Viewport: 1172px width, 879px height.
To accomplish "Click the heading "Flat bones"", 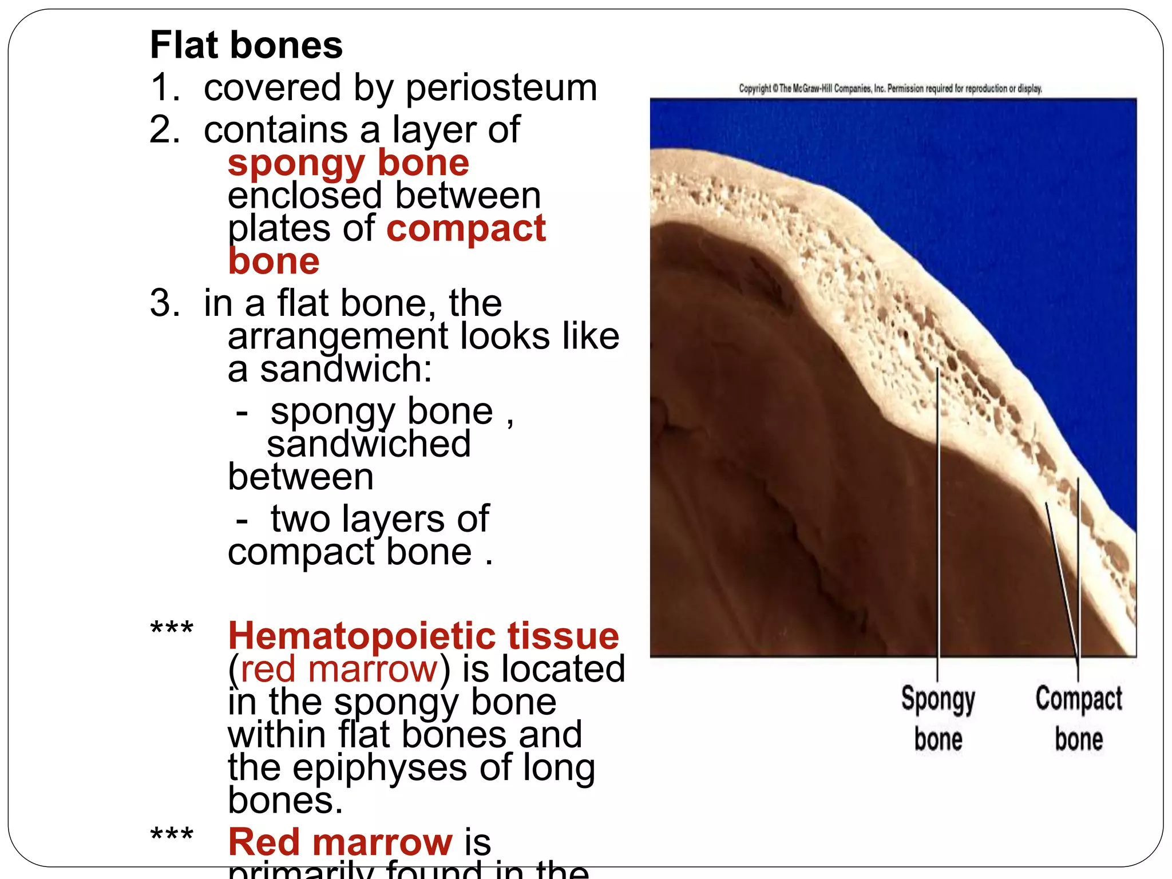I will [x=246, y=45].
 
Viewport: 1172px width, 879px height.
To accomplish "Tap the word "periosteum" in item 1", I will [x=501, y=88].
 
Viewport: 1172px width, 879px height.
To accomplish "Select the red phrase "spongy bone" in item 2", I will [x=348, y=163].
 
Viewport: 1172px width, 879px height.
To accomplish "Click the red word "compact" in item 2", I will [x=466, y=228].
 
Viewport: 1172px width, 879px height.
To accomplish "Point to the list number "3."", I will [x=164, y=303].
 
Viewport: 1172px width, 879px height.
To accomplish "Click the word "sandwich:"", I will [x=346, y=369].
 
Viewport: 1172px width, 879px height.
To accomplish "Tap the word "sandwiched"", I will [x=369, y=444].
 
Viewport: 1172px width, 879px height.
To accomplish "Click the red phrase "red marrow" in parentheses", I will [x=339, y=669].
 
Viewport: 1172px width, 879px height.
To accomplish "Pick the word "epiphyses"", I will [x=379, y=767].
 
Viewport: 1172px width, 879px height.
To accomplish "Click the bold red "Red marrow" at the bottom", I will [x=340, y=842].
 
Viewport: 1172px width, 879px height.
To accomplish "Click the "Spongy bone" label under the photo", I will [x=938, y=718].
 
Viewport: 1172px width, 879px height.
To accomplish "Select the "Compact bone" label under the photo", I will [x=1079, y=718].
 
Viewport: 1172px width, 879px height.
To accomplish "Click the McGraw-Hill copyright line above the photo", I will [x=890, y=89].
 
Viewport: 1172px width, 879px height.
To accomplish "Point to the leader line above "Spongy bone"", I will [x=937, y=515].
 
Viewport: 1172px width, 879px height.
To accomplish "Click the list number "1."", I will [x=164, y=88].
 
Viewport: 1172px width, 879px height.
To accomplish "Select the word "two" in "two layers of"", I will [x=300, y=519].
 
